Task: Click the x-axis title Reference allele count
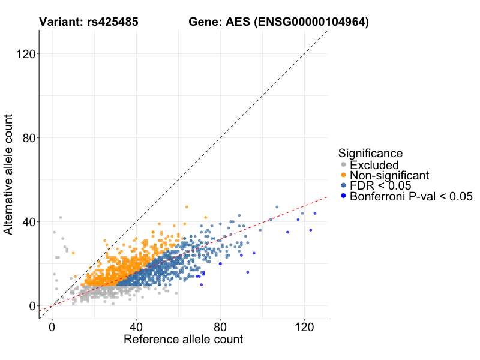tap(183, 340)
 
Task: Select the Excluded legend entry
tap(374, 164)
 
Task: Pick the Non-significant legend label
tap(389, 175)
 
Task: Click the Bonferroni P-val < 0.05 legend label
tap(411, 196)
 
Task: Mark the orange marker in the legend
tap(343, 175)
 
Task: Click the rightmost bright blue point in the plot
tap(315, 213)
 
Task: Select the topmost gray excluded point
tap(61, 217)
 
